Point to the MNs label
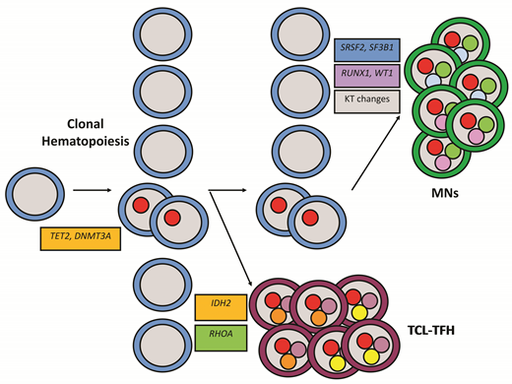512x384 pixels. pyautogui.click(x=460, y=195)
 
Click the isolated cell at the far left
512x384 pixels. pyautogui.click(x=36, y=190)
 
